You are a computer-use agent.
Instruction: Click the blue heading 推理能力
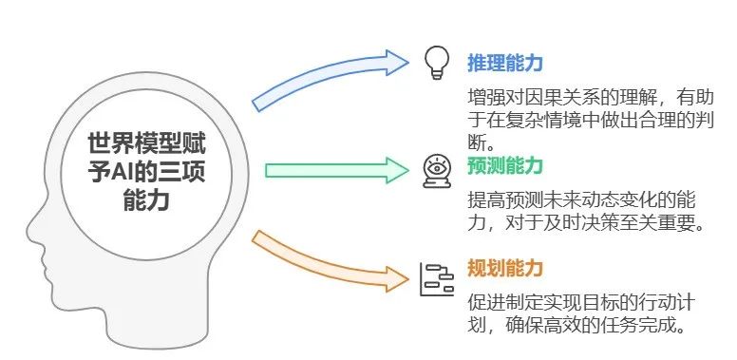pos(504,64)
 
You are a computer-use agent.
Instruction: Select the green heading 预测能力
pos(504,166)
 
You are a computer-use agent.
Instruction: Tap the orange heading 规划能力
pos(504,269)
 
